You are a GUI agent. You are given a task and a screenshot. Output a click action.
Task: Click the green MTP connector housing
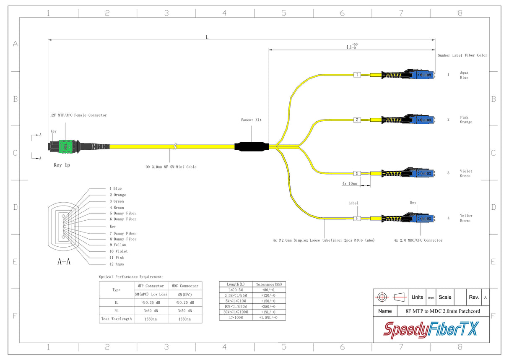(x=66, y=146)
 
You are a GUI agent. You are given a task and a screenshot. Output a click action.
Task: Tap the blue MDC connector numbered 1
(x=422, y=75)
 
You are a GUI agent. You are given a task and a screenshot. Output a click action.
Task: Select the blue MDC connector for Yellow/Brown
(x=422, y=218)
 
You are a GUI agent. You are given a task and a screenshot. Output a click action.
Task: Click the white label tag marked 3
(x=357, y=173)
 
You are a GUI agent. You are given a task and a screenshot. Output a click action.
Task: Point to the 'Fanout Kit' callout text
(x=251, y=120)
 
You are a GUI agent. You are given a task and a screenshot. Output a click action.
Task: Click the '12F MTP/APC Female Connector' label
(x=79, y=115)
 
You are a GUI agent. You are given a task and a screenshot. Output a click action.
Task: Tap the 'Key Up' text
(x=62, y=165)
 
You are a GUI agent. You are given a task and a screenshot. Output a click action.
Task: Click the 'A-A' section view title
(x=64, y=262)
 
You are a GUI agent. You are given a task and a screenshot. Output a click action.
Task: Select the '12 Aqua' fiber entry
(x=117, y=264)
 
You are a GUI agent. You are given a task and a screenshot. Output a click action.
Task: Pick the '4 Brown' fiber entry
(x=117, y=207)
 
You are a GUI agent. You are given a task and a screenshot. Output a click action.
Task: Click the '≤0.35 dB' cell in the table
(x=150, y=302)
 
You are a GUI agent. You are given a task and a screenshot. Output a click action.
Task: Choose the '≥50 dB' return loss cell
(x=184, y=311)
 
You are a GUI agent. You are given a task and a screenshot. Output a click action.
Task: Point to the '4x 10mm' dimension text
(x=350, y=183)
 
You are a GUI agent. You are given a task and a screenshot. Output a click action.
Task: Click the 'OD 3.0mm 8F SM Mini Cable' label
(x=171, y=167)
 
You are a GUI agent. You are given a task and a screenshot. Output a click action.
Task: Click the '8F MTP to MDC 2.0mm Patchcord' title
(x=443, y=311)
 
